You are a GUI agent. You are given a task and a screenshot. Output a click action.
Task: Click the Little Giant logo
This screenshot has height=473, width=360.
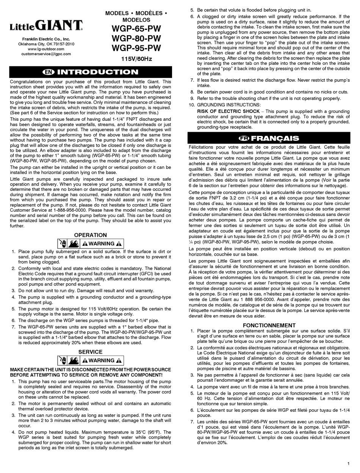[46, 26]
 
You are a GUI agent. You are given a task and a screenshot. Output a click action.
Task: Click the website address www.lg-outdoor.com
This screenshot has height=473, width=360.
[46, 49]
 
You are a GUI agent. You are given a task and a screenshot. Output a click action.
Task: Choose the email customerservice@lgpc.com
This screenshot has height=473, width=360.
[46, 54]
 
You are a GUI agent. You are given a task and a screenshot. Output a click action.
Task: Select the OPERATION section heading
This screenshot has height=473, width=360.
[90, 235]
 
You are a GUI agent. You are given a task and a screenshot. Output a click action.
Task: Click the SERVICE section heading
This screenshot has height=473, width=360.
[90, 351]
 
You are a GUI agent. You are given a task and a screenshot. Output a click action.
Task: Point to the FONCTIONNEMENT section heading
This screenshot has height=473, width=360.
[269, 325]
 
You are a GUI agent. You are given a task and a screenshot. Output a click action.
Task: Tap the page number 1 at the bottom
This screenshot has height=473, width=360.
[348, 464]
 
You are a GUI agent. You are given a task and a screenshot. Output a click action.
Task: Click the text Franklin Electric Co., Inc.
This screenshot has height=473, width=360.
[46, 39]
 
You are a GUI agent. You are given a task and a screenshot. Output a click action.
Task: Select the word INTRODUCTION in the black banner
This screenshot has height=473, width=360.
[98, 72]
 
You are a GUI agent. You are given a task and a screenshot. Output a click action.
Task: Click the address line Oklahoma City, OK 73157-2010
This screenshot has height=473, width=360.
[46, 44]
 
